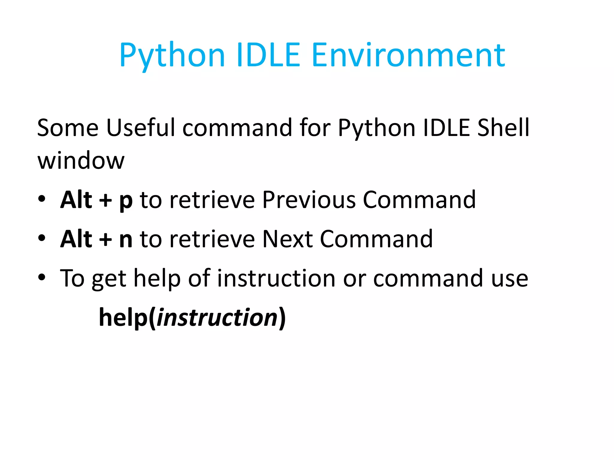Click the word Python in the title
[172, 56]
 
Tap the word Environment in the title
[408, 55]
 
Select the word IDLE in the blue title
[268, 55]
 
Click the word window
[81, 161]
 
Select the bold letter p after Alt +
[126, 201]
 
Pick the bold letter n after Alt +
[126, 239]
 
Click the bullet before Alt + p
[42, 199]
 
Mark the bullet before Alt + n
[42, 238]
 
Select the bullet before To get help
[42, 277]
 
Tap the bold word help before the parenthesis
[123, 317]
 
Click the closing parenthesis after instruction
[282, 318]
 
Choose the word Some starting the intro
[68, 128]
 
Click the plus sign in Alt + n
[106, 240]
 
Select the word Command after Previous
[419, 200]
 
